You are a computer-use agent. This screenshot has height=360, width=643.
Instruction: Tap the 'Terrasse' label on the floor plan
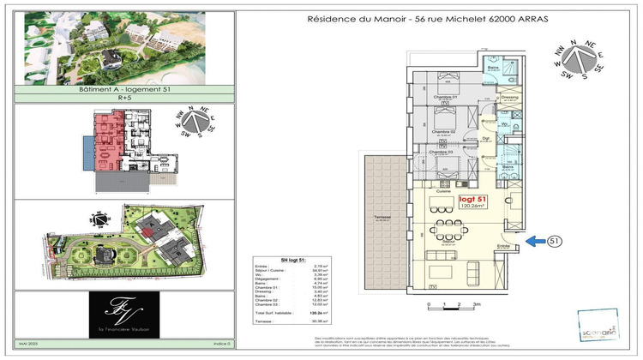pyautogui.click(x=383, y=217)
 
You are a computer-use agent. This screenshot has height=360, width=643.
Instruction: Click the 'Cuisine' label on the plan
pyautogui.click(x=443, y=191)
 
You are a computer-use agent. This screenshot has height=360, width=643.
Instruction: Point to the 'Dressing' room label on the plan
pyautogui.click(x=509, y=98)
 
